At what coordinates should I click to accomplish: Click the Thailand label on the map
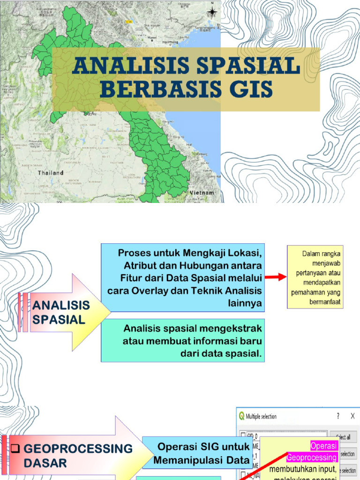[51, 172]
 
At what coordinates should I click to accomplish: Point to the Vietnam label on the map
[202, 193]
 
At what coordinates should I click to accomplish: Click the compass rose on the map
[212, 12]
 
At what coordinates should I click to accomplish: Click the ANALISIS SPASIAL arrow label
[61, 313]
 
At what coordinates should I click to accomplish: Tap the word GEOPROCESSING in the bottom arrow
[78, 449]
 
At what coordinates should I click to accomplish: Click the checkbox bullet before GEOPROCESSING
[15, 449]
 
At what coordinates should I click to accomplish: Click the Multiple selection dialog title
[261, 416]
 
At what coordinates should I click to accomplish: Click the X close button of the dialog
[352, 416]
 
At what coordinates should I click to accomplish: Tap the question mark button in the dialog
[338, 416]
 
